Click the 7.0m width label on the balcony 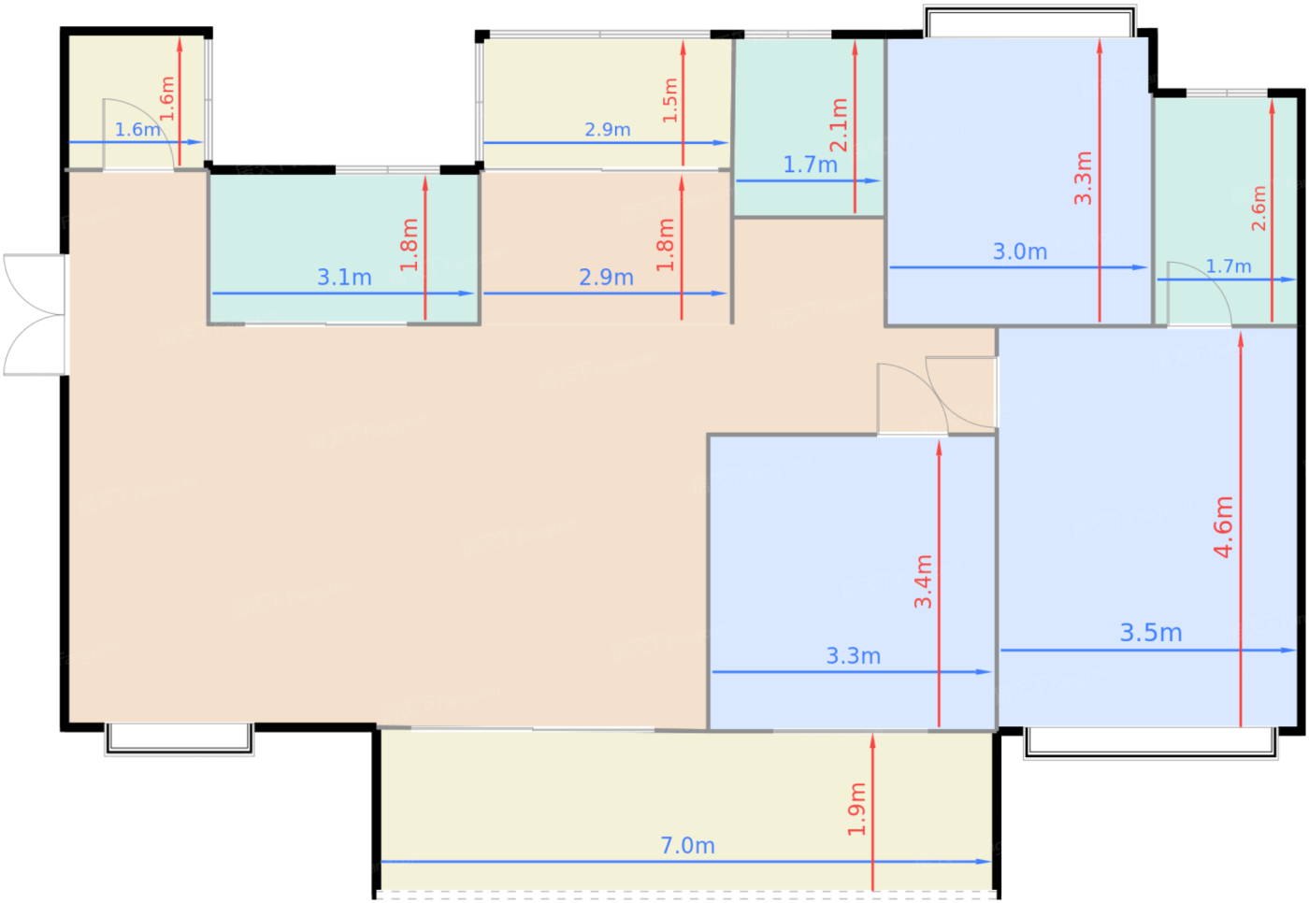(687, 845)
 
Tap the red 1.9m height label (856, 809)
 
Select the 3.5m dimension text (1151, 633)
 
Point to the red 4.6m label (1223, 527)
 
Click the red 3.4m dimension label (923, 581)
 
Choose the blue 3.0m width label (1019, 251)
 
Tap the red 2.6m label (1259, 208)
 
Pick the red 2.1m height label (839, 124)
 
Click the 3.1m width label (344, 278)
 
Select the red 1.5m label (669, 101)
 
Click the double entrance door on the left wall (34, 315)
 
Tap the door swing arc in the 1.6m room (140, 131)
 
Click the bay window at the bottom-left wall (179, 738)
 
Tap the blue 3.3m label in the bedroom (853, 656)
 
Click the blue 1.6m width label (137, 130)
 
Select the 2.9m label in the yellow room (607, 130)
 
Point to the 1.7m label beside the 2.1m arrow (810, 165)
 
